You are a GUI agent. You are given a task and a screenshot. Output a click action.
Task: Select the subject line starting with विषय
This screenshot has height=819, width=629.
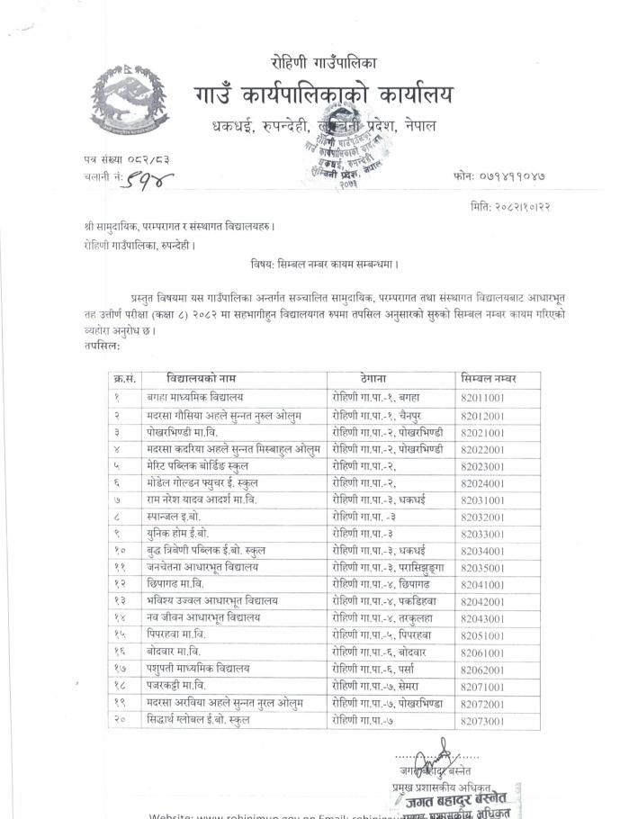tap(325, 264)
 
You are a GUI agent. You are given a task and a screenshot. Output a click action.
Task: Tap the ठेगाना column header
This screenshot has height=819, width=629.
tap(372, 378)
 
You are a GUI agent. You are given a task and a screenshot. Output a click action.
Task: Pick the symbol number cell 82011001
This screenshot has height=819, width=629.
tap(482, 398)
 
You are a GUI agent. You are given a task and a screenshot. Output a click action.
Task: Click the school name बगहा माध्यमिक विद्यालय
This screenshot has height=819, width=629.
tap(195, 397)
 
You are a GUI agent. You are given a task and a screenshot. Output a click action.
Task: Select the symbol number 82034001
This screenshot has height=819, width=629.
tap(482, 551)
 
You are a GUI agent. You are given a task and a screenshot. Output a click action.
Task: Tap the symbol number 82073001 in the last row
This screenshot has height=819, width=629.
tap(482, 721)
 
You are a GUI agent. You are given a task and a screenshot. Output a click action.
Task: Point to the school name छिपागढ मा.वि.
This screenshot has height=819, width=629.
tap(181, 584)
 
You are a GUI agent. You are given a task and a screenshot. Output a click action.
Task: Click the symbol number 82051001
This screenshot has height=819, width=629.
tap(482, 635)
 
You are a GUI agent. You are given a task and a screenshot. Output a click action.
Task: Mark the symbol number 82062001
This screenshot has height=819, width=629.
tap(482, 670)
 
